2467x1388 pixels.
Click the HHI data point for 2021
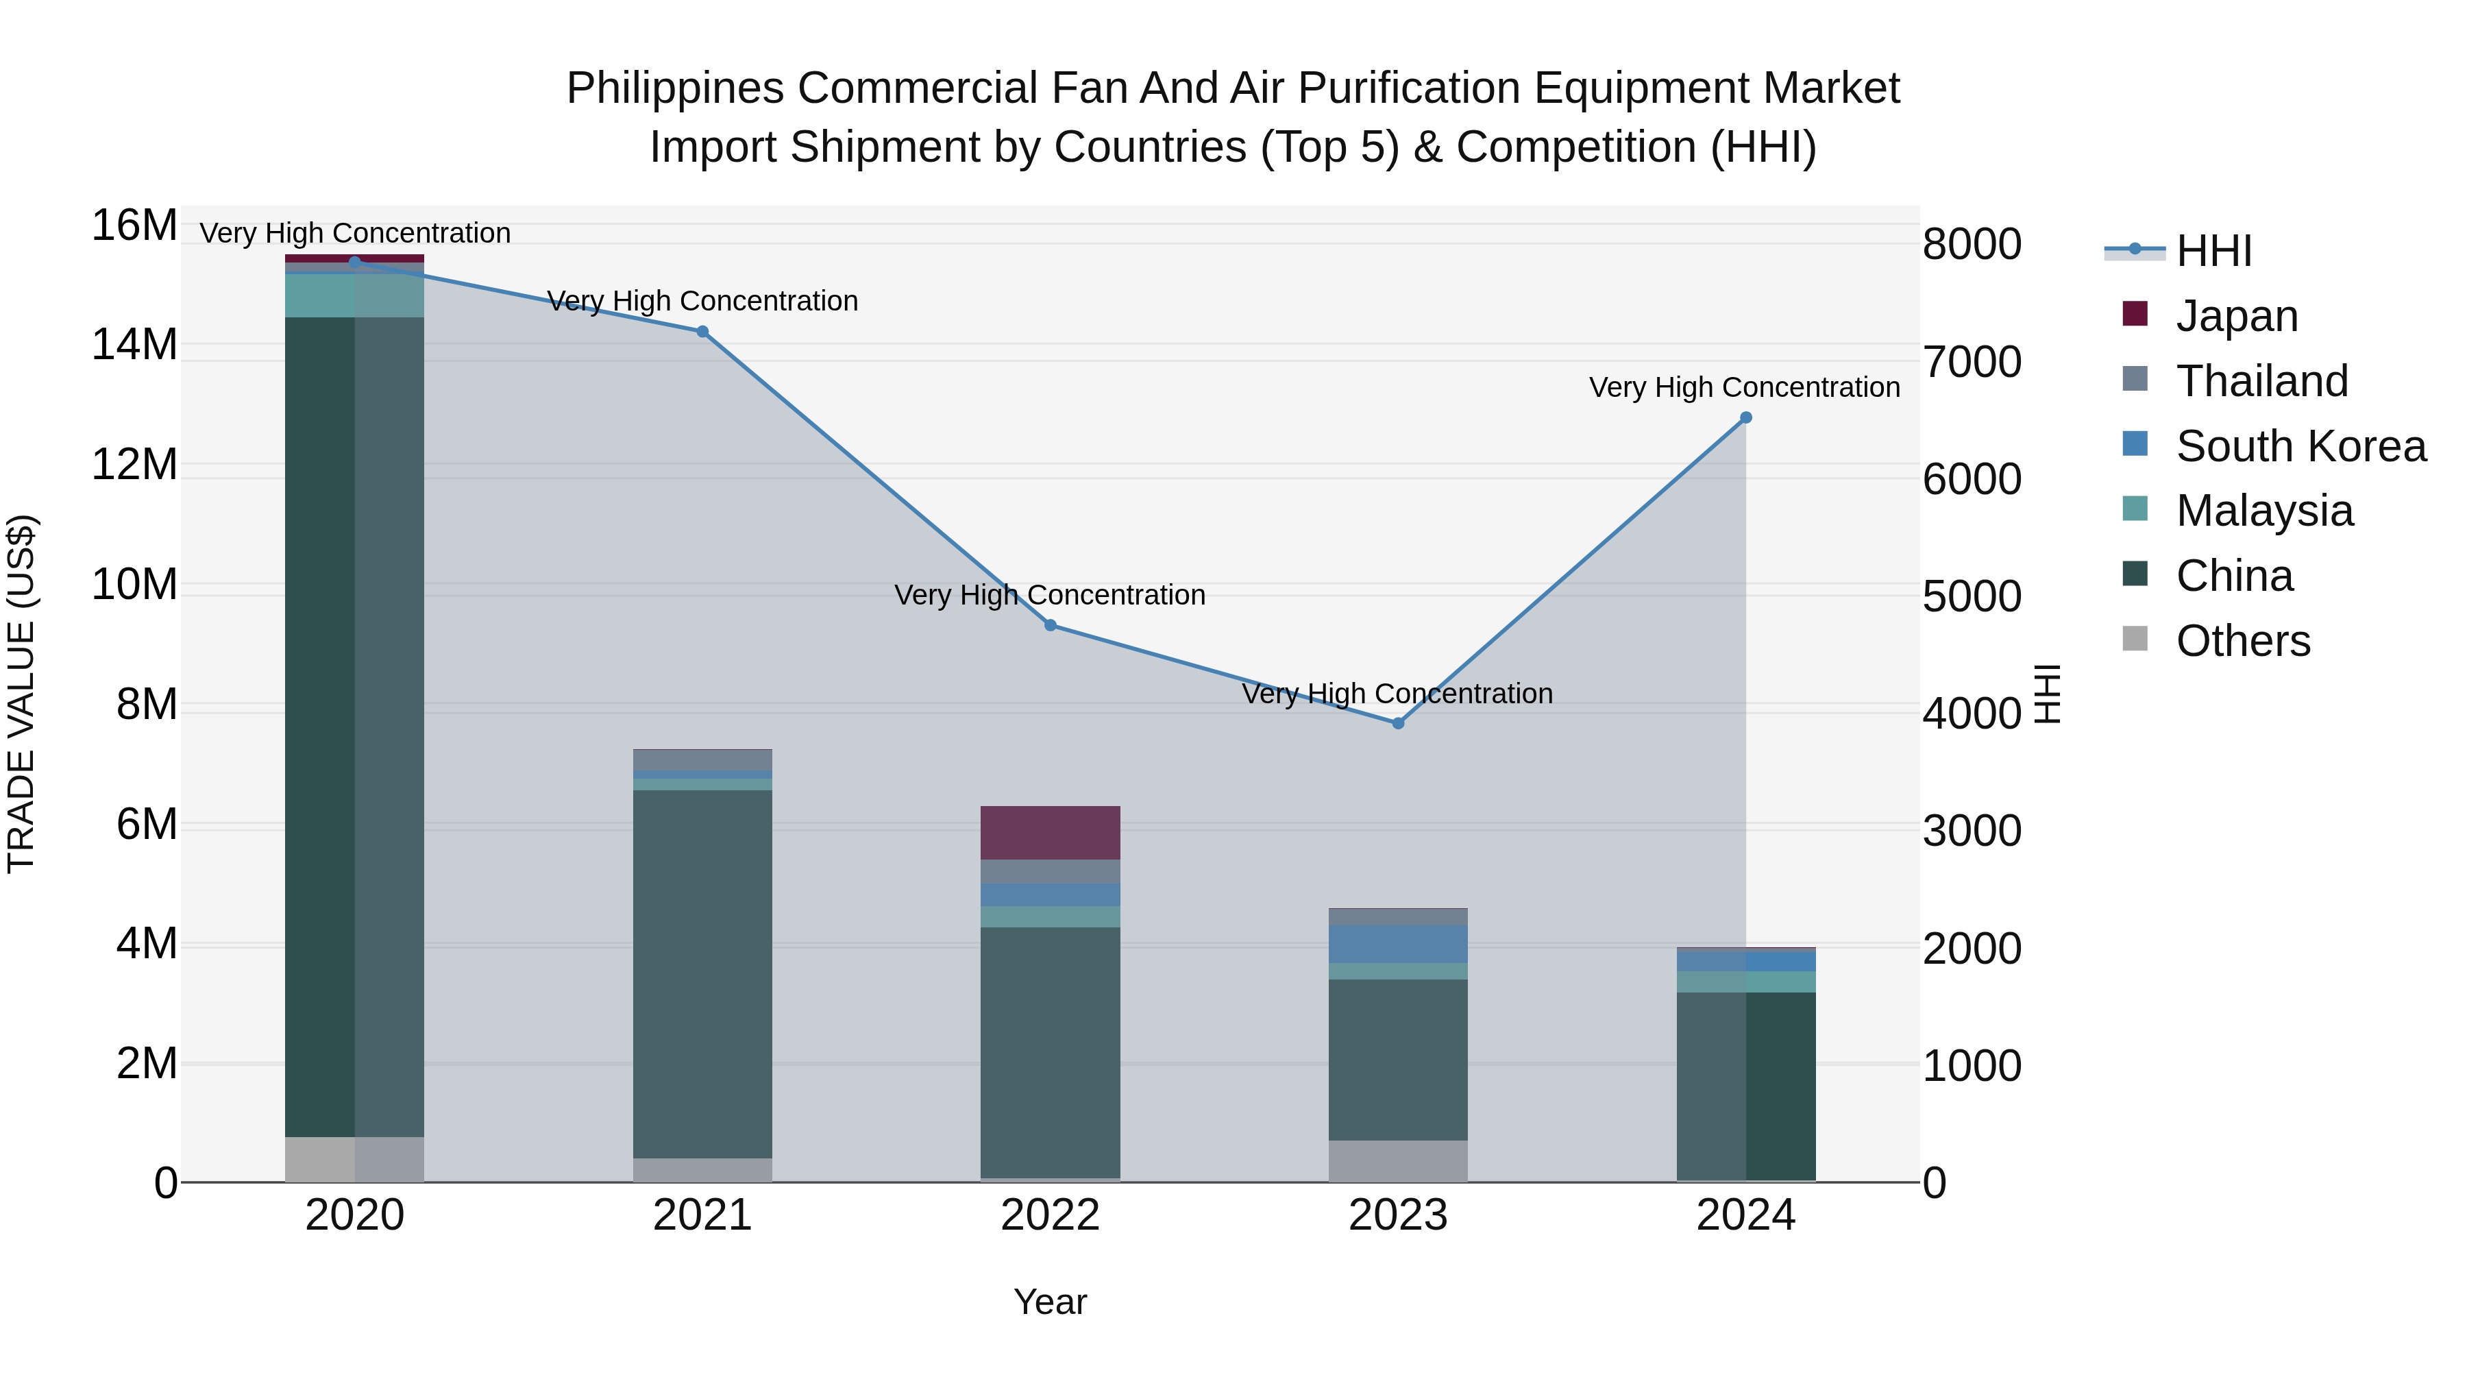click(x=702, y=332)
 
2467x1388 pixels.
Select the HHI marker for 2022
click(x=1050, y=626)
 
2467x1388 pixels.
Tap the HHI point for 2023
click(x=1398, y=723)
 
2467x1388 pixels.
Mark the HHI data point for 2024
click(x=1746, y=417)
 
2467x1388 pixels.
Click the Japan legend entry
click(x=2236, y=316)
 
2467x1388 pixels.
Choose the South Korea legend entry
click(x=2300, y=446)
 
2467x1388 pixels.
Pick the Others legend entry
click(x=2242, y=641)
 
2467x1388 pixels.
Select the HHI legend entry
click(x=2213, y=251)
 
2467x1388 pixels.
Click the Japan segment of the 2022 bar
click(x=1050, y=832)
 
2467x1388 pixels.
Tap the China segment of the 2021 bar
click(x=702, y=973)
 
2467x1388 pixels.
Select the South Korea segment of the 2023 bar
click(x=1398, y=944)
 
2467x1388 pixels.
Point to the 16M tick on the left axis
click(x=134, y=226)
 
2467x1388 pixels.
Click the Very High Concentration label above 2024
click(x=1744, y=388)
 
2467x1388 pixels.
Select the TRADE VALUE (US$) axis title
click(x=22, y=694)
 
